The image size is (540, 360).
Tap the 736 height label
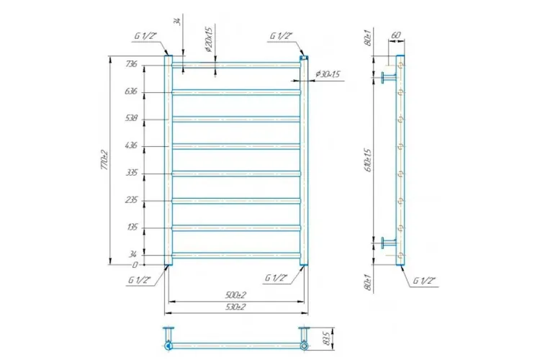point(131,64)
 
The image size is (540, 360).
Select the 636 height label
point(131,91)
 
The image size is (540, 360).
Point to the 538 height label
point(131,119)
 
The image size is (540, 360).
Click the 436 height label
point(131,146)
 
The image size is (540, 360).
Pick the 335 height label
point(131,174)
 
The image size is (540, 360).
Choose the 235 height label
point(131,201)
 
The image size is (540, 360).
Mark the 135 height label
point(131,228)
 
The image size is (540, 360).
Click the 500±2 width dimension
point(234,296)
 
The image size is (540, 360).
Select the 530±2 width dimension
point(234,307)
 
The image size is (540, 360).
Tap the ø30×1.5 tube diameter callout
point(328,75)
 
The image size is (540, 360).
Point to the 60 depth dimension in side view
point(395,35)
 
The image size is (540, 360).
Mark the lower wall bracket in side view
point(390,243)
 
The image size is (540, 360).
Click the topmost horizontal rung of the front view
point(236,65)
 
